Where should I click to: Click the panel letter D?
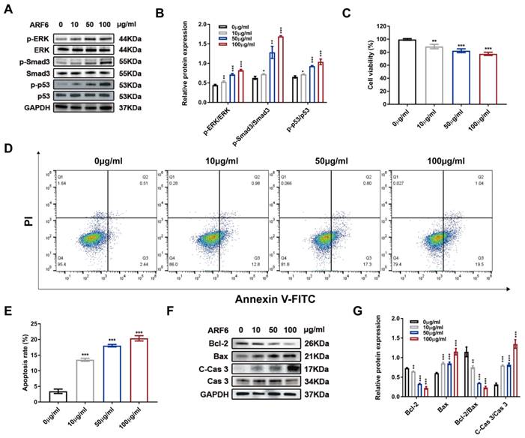pyautogui.click(x=8, y=148)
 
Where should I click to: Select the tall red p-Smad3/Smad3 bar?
pyautogui.click(x=280, y=67)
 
